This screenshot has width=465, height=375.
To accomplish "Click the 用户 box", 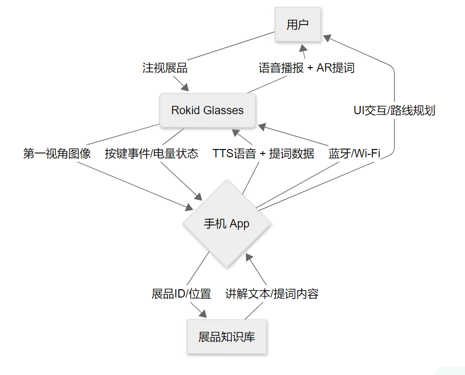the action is (298, 25).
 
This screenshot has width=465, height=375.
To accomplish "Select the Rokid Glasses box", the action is (207, 110).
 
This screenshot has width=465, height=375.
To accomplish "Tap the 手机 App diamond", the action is (226, 224).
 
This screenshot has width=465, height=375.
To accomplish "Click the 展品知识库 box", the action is (226, 337).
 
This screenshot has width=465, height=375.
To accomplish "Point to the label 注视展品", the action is (165, 68).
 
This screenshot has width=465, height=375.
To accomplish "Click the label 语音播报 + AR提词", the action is (306, 68).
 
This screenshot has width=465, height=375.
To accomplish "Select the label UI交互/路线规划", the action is (394, 110).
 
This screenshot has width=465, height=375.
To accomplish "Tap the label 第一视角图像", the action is (57, 153).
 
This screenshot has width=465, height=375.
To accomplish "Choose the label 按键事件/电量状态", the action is (151, 153).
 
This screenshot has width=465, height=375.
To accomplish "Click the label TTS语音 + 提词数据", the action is (263, 153).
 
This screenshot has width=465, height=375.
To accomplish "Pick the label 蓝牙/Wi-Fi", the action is (354, 153).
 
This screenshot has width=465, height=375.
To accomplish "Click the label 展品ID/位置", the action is (181, 294).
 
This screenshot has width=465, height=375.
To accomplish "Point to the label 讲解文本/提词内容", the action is (272, 294).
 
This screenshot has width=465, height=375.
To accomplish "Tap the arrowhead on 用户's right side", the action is (327, 38).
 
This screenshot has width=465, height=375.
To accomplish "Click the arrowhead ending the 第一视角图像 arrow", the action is (189, 207).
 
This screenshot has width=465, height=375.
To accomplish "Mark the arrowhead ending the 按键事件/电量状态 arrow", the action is (198, 197).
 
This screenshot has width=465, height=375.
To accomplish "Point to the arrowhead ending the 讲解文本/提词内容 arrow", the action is (249, 257).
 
